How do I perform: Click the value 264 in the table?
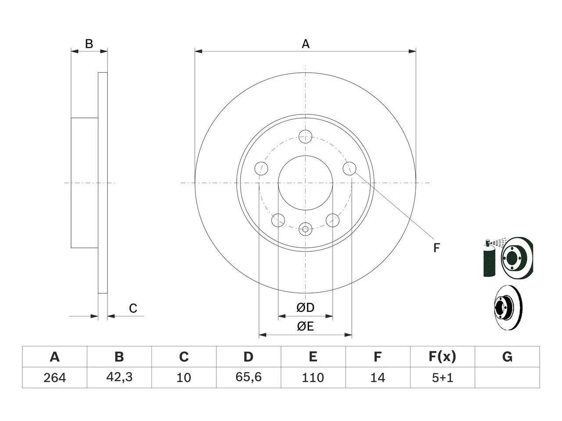[54, 378]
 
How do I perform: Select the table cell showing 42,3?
[119, 377]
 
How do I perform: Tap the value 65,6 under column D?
[249, 377]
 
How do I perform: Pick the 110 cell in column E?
[313, 378]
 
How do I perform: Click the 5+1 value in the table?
[443, 378]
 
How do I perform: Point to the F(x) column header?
[443, 357]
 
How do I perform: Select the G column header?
[507, 357]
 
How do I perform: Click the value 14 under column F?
[378, 378]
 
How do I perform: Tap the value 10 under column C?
[184, 378]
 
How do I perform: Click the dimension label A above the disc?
[306, 44]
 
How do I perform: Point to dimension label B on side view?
[89, 44]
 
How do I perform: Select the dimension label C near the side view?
[133, 308]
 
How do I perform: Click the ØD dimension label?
[305, 308]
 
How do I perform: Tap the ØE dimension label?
[305, 326]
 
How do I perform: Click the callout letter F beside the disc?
[436, 248]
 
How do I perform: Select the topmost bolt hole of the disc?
[305, 136]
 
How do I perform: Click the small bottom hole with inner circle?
[305, 229]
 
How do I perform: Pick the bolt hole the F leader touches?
[349, 168]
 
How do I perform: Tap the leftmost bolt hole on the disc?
[261, 168]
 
